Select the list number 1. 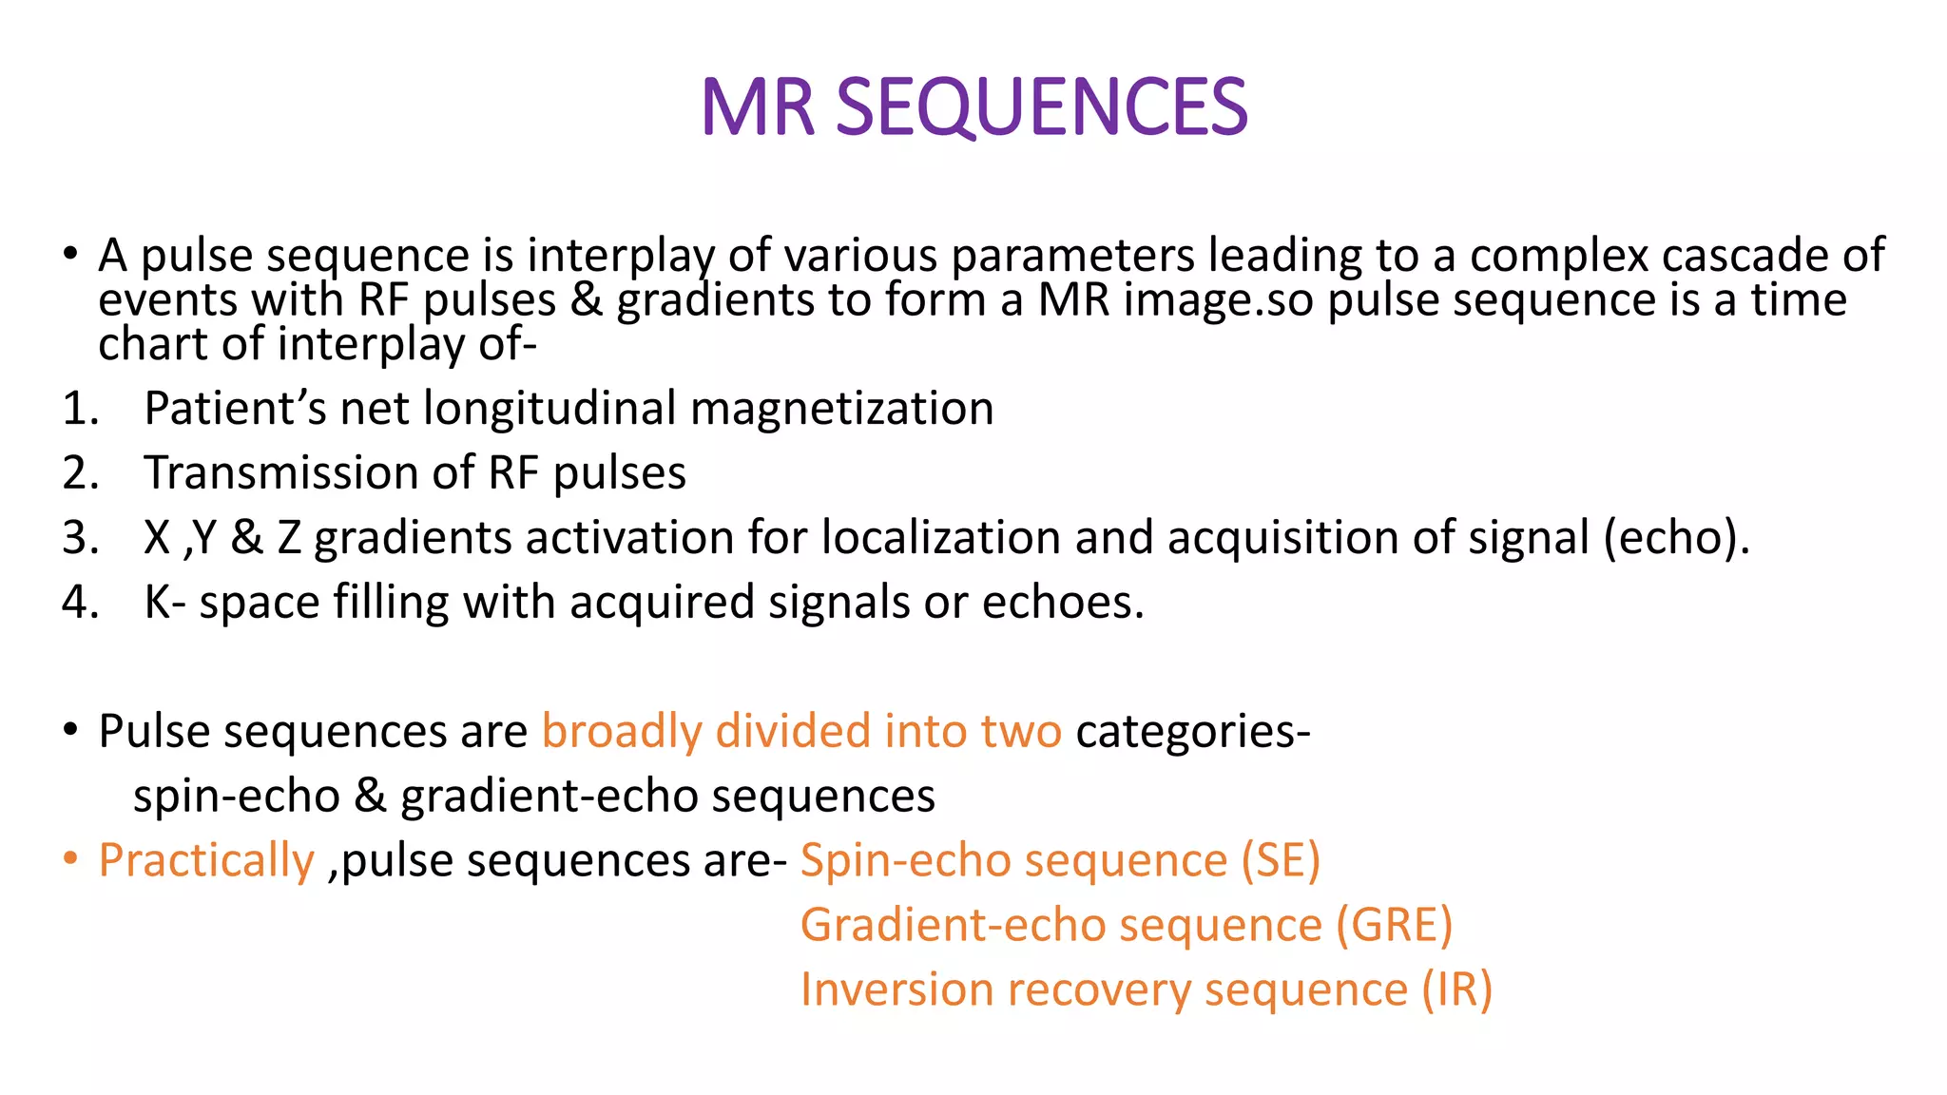80,409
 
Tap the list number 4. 80,603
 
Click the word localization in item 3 940,538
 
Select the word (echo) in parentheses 1675,538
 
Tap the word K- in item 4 164,603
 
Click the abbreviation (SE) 1281,861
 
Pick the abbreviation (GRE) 1394,926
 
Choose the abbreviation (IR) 1456,990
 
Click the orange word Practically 206,861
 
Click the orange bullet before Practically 69,859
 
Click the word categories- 1193,732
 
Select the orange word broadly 622,732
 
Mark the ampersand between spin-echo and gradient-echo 370,797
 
